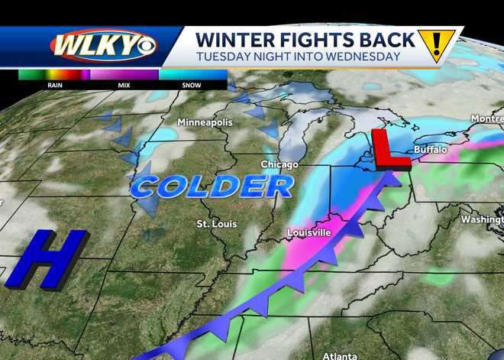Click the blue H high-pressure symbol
click(38, 260)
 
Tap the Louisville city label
click(309, 232)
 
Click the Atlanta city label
click(338, 355)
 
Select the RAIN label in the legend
click(54, 86)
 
